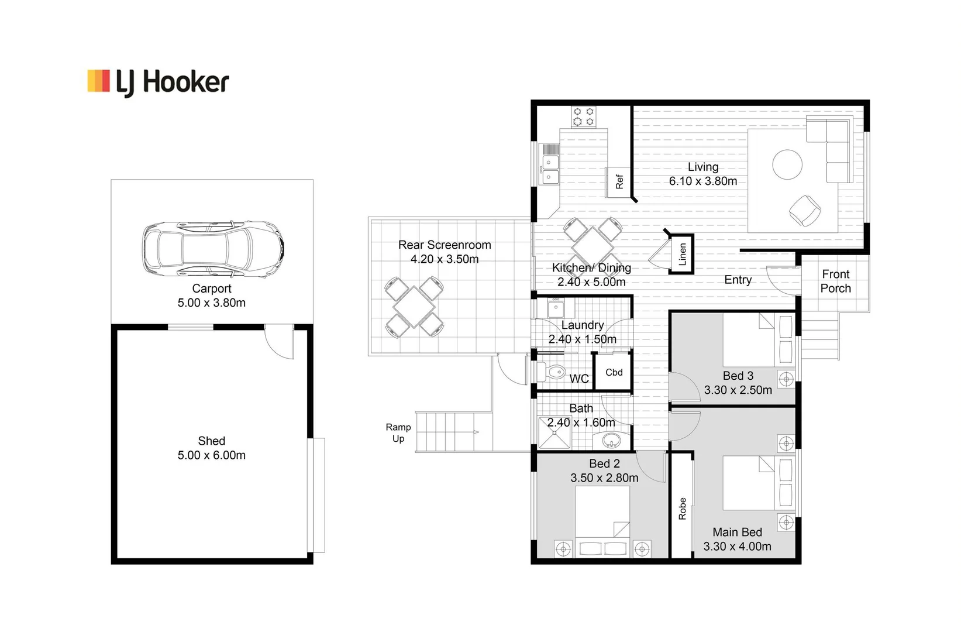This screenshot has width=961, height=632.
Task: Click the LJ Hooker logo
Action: point(158,83)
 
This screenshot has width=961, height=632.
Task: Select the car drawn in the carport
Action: point(212,249)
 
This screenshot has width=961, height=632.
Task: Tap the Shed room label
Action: point(211,441)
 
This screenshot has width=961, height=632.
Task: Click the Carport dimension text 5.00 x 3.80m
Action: point(211,303)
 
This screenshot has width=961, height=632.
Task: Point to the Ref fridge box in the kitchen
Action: point(619,182)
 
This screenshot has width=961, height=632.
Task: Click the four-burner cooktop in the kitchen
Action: point(583,116)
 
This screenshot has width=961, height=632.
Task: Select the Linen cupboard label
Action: point(682,254)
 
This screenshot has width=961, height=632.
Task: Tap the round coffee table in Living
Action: point(787,164)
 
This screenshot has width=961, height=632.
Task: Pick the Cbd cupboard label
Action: point(614,372)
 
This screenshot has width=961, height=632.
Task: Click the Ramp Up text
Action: point(398,433)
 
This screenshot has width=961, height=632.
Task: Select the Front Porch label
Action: point(835,281)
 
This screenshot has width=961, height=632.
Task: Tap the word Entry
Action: point(738,280)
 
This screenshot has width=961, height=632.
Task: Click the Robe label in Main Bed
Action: point(682,508)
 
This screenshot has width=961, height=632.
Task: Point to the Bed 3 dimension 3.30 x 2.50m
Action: point(738,390)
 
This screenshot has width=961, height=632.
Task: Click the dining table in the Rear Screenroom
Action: point(414,307)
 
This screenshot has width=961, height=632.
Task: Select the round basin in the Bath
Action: point(612,439)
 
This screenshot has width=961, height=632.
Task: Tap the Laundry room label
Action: point(582,325)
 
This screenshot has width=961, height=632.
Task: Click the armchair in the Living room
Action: point(805,210)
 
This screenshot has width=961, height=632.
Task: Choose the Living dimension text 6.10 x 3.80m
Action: point(702,181)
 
